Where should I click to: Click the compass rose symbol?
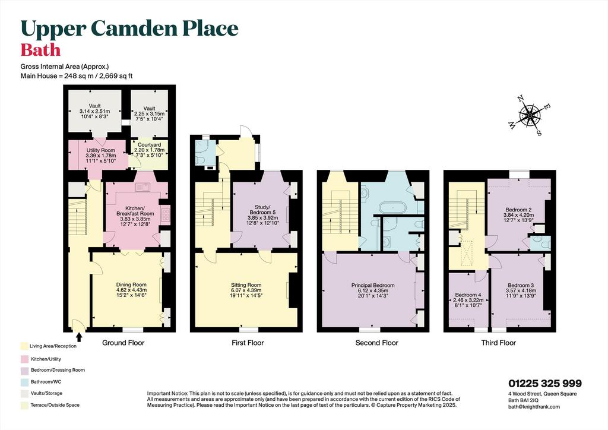click(530, 115)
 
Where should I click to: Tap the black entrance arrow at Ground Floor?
click(80, 338)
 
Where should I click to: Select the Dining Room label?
click(131, 284)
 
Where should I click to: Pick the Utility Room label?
click(100, 150)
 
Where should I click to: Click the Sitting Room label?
click(246, 284)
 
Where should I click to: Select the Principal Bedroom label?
click(373, 285)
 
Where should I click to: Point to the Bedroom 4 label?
click(468, 295)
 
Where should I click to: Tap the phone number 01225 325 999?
click(545, 384)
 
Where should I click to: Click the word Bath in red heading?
click(40, 50)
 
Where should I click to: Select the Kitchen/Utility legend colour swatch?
click(25, 359)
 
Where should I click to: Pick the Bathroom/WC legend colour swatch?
click(25, 381)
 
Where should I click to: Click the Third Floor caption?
click(498, 343)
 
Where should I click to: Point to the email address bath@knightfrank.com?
click(534, 407)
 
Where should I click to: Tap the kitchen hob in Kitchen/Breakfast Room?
click(165, 214)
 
